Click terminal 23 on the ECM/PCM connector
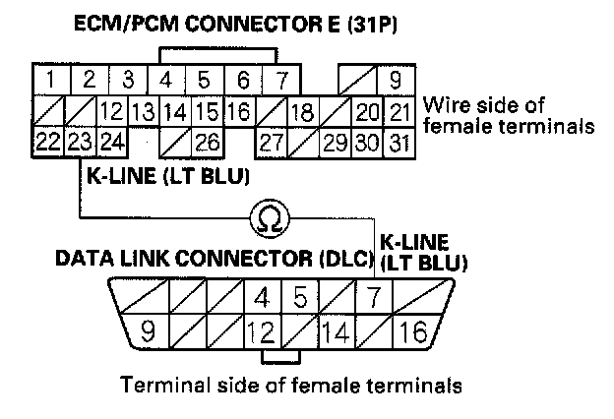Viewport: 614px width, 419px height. (79, 142)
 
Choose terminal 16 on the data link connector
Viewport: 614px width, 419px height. (414, 331)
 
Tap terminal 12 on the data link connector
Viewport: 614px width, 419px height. (260, 331)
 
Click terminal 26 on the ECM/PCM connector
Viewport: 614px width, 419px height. (208, 142)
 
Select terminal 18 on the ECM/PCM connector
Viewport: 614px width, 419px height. (303, 110)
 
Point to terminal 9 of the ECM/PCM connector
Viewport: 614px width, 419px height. (396, 78)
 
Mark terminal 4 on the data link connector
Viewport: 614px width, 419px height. (261, 295)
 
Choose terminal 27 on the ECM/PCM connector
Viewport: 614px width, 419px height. (270, 142)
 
